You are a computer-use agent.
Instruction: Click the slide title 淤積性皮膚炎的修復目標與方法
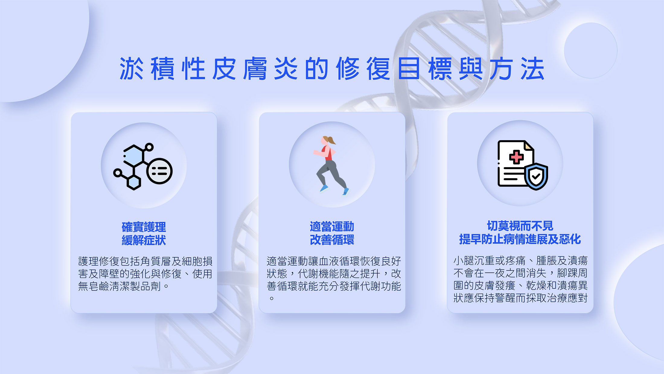click(x=332, y=69)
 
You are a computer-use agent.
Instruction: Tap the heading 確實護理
click(x=144, y=227)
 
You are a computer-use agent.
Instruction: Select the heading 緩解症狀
click(x=144, y=240)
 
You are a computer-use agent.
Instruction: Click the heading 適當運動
click(x=332, y=227)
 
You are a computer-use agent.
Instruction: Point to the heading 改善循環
click(x=332, y=240)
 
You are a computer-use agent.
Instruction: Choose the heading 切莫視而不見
click(x=520, y=226)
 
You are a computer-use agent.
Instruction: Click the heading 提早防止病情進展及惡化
click(x=520, y=239)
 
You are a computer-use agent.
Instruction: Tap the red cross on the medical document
click(x=516, y=157)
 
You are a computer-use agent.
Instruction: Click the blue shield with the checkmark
click(x=536, y=177)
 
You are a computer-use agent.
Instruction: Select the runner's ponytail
click(x=331, y=140)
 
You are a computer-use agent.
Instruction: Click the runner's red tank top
click(x=328, y=154)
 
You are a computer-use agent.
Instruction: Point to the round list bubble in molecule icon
click(x=159, y=171)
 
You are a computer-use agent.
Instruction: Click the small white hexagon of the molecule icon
click(x=133, y=182)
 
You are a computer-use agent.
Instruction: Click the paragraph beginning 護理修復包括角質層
click(x=145, y=274)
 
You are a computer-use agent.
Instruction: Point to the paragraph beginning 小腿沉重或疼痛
click(x=520, y=279)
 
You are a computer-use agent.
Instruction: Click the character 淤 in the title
click(x=132, y=69)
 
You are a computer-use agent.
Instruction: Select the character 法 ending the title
click(x=533, y=69)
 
